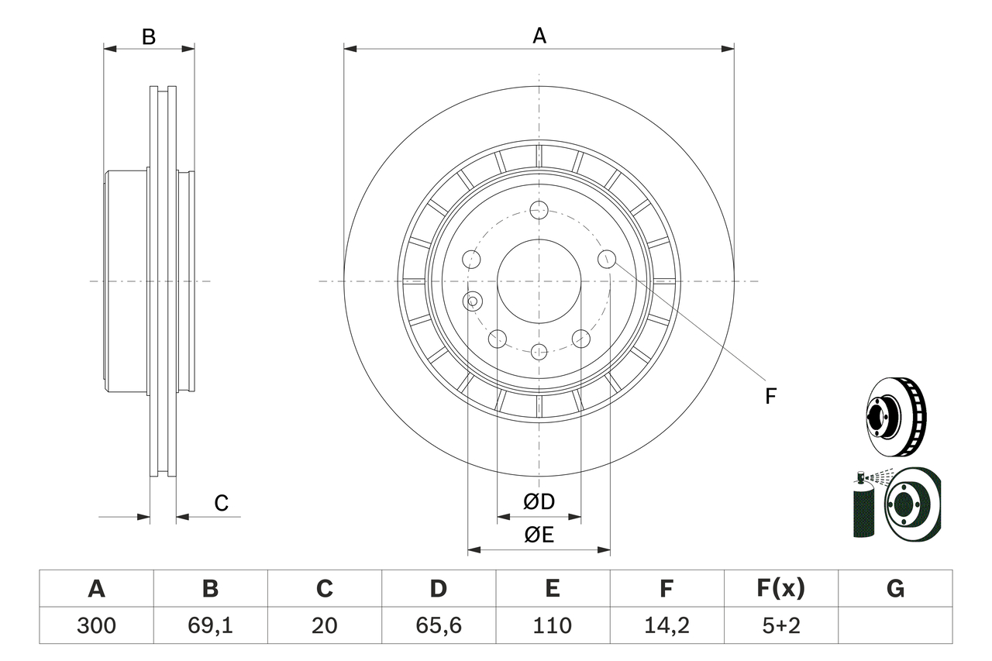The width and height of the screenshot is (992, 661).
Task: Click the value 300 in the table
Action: coord(96,625)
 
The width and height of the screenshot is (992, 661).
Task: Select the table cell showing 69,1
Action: coord(210,625)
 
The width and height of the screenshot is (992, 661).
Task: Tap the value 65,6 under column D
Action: coord(438,625)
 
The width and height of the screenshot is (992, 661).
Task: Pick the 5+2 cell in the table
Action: coord(780,625)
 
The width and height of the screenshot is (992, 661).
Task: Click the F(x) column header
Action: coord(780,589)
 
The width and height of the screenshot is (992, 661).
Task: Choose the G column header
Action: coord(895,589)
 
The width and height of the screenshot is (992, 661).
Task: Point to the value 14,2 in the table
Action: coord(666,625)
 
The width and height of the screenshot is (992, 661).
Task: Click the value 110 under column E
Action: coord(552,625)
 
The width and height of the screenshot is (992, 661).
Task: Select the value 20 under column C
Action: coord(324,625)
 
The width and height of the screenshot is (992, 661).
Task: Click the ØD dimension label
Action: coord(539,502)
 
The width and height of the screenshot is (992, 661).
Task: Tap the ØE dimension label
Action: coord(539,535)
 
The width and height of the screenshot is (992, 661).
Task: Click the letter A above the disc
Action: coord(539,36)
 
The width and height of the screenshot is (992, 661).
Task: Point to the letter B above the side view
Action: coord(149,36)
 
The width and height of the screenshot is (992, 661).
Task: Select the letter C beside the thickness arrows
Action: coord(222,504)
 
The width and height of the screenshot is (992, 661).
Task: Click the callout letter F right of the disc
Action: coord(770,397)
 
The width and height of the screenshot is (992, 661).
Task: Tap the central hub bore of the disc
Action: coord(539,281)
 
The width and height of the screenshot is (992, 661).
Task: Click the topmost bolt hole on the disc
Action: coord(539,210)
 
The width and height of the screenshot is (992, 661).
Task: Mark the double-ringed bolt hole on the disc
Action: coord(471,301)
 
